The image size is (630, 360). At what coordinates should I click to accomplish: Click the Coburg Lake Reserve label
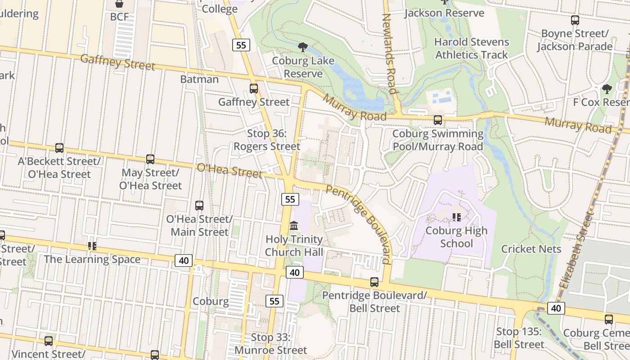point(303,67)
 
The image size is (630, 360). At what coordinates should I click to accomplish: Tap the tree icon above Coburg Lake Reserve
point(303,46)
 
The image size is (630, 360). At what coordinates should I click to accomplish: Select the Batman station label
point(199,79)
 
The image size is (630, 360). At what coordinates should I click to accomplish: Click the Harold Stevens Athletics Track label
point(471,48)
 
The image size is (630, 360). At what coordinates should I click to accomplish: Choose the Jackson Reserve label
point(444,13)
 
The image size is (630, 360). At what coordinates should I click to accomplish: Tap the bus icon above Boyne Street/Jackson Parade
point(575,20)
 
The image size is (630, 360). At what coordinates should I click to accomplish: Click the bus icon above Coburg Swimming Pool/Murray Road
point(438,120)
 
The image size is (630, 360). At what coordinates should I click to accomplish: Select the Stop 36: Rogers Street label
point(267,140)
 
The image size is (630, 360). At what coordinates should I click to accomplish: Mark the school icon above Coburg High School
point(457,217)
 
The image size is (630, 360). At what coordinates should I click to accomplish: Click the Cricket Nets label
point(531,249)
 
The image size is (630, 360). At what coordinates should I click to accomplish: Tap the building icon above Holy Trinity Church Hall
point(294,225)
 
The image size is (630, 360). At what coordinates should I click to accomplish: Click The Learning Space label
point(92,259)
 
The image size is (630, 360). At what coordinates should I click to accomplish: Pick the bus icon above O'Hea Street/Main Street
point(199,206)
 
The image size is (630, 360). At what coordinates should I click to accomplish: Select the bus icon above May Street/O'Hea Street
point(150,159)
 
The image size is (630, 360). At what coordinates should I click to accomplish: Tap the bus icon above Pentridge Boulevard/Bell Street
point(374,282)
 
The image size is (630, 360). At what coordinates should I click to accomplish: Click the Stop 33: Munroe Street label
point(273,344)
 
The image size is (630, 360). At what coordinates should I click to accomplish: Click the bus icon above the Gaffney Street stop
point(254,89)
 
